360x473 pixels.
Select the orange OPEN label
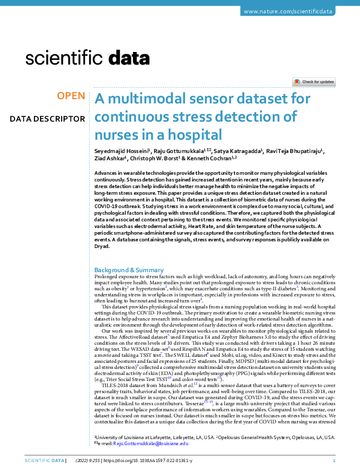[71, 96]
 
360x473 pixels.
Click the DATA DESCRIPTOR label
[47, 119]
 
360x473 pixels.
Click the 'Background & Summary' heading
[129, 269]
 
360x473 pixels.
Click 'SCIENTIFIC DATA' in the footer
[43, 461]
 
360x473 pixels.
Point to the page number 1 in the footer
[334, 461]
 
